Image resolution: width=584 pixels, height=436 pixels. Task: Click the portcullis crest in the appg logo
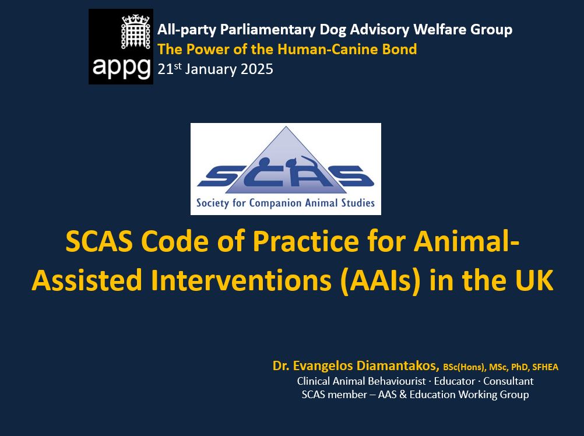tap(136, 31)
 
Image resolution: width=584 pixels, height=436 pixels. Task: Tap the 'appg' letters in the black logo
tap(121, 68)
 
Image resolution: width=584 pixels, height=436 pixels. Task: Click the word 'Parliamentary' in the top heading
tap(268, 29)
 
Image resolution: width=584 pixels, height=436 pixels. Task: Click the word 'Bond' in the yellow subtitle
tap(399, 49)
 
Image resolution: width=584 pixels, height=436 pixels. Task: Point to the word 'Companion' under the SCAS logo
tap(275, 203)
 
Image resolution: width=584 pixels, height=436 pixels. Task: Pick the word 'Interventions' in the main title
tap(241, 280)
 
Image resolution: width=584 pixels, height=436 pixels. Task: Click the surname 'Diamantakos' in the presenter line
tap(398, 365)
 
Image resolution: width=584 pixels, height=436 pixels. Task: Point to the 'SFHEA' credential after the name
tap(546, 367)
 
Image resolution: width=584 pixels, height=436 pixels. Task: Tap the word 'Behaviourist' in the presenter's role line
tap(396, 381)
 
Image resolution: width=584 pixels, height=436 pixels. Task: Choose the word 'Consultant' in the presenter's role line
tap(508, 381)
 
